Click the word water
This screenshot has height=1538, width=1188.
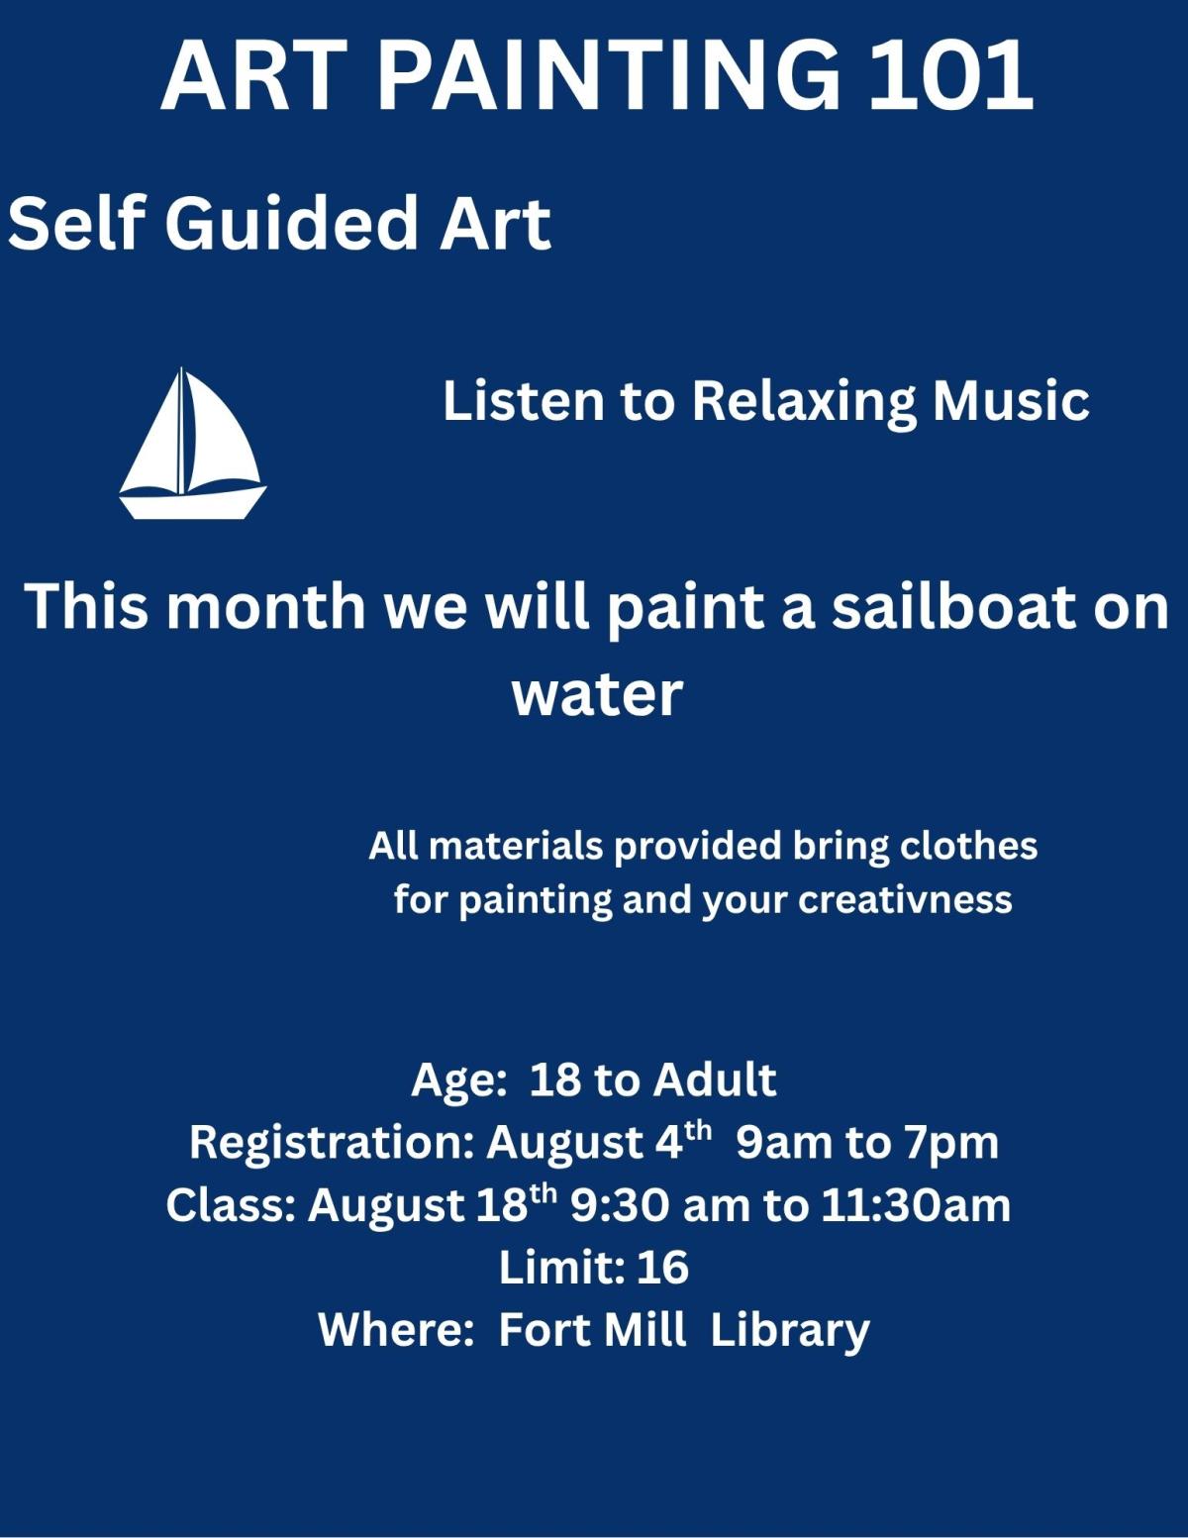pos(597,692)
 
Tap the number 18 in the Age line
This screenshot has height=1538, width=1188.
pos(555,1078)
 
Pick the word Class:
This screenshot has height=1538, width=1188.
pos(230,1205)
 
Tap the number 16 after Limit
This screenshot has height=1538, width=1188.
pos(662,1268)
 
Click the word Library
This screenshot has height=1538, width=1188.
pos(789,1331)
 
